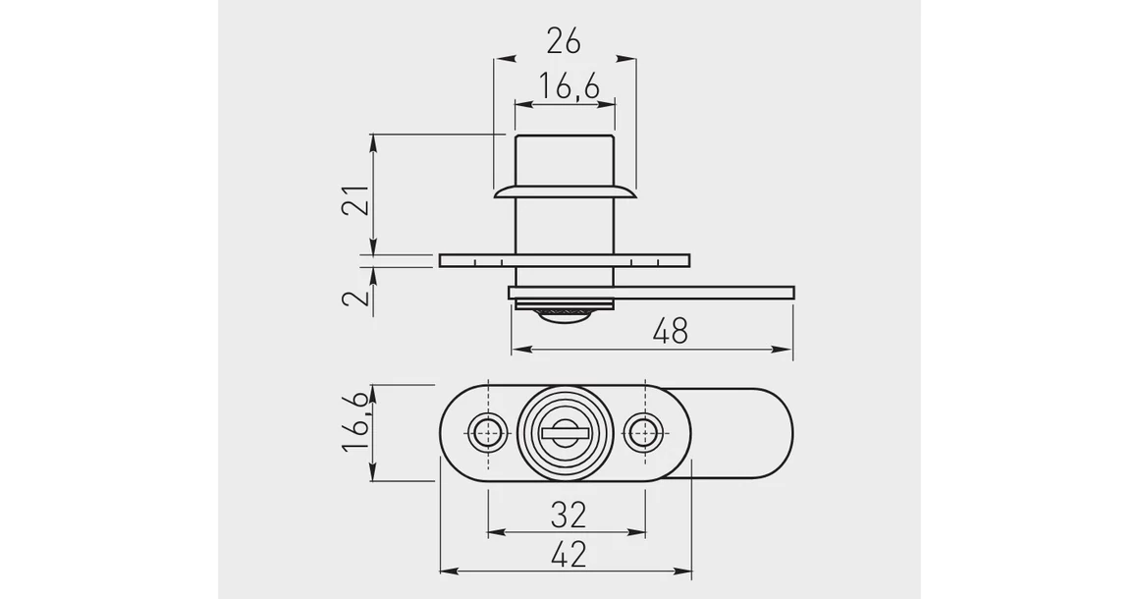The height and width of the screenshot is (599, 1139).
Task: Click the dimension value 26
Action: tap(564, 41)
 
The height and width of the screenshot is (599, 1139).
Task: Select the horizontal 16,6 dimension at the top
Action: tap(569, 87)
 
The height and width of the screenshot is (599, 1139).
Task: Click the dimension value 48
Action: tap(670, 331)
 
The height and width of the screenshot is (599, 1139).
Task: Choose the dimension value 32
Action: tap(569, 516)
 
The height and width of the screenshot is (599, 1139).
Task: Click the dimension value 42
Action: tap(569, 556)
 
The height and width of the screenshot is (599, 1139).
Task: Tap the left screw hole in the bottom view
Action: tap(488, 433)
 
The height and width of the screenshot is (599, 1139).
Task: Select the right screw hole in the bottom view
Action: tap(644, 433)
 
